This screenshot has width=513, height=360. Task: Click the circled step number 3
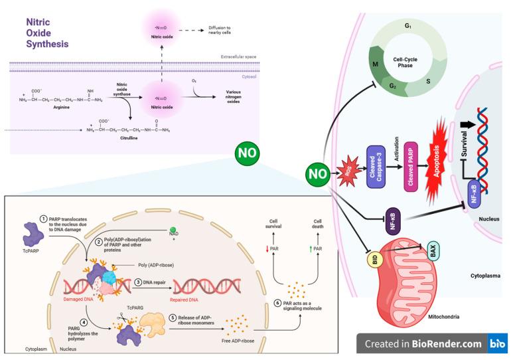point(138,282)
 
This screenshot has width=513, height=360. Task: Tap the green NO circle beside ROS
point(317,175)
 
